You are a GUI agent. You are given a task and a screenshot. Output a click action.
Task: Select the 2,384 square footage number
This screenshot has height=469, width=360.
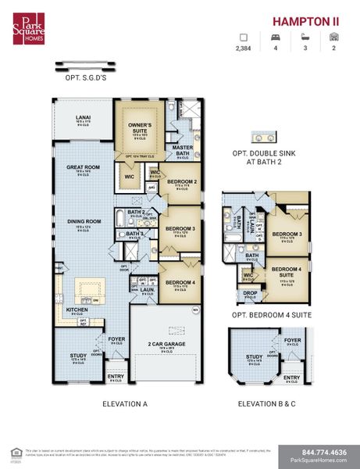tap(243, 48)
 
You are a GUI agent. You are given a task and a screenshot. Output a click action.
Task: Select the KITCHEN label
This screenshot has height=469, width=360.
tap(77, 310)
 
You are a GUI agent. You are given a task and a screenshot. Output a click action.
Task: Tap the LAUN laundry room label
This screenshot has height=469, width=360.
tap(146, 288)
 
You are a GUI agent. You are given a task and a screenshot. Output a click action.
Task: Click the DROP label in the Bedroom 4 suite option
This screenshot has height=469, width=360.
tap(249, 294)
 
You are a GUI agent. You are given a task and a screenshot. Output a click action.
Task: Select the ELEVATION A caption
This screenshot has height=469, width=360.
tap(125, 404)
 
